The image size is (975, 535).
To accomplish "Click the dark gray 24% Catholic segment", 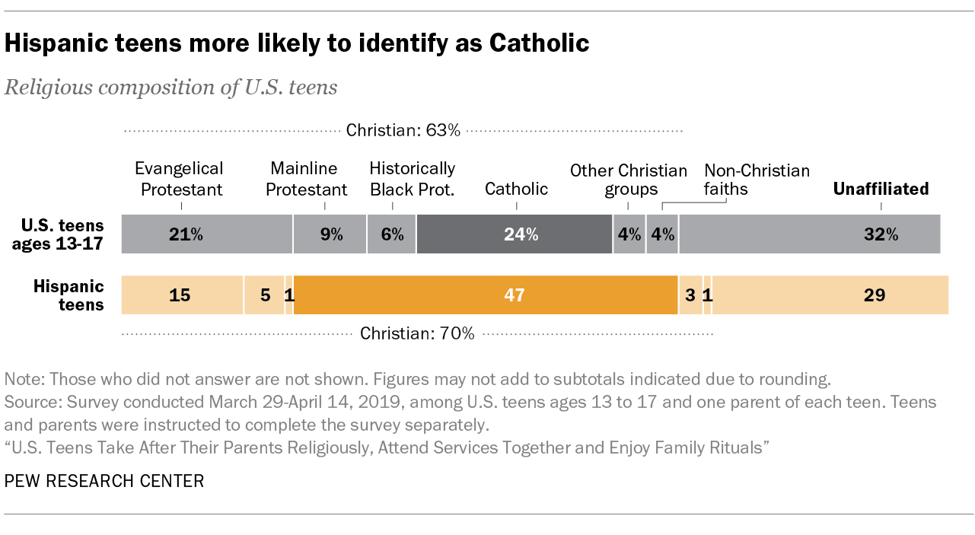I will pyautogui.click(x=515, y=234).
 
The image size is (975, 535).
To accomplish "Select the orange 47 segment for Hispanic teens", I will pyautogui.click(x=486, y=295).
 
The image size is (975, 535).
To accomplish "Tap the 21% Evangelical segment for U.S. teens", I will pyautogui.click(x=207, y=234).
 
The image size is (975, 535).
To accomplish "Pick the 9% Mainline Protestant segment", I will pyautogui.click(x=330, y=234).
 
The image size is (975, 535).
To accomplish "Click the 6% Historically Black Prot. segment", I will pyautogui.click(x=391, y=234).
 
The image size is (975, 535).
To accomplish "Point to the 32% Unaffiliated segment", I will pyautogui.click(x=809, y=234).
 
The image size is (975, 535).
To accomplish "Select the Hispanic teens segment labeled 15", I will pyautogui.click(x=182, y=295).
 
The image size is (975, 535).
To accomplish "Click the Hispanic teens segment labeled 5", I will pyautogui.click(x=264, y=295).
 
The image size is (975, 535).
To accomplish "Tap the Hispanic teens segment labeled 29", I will pyautogui.click(x=830, y=295).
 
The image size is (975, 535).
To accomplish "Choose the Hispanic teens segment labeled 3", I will pyautogui.click(x=690, y=295).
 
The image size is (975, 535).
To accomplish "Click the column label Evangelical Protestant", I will pyautogui.click(x=179, y=179).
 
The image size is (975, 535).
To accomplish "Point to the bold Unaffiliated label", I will pyautogui.click(x=881, y=189).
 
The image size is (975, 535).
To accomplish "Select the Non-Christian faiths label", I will pyautogui.click(x=757, y=179).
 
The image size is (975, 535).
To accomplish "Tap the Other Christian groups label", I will pyautogui.click(x=628, y=179).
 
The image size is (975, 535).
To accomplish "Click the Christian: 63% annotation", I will pyautogui.click(x=403, y=130).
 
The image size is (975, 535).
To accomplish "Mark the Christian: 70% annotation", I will pyautogui.click(x=417, y=333).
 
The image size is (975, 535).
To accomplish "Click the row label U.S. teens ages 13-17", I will pyautogui.click(x=62, y=234).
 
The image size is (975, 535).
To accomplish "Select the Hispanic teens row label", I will pyautogui.click(x=69, y=295).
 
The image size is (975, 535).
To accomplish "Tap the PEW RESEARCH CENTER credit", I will pyautogui.click(x=104, y=481).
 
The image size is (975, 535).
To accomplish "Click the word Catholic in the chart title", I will pyautogui.click(x=539, y=43).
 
